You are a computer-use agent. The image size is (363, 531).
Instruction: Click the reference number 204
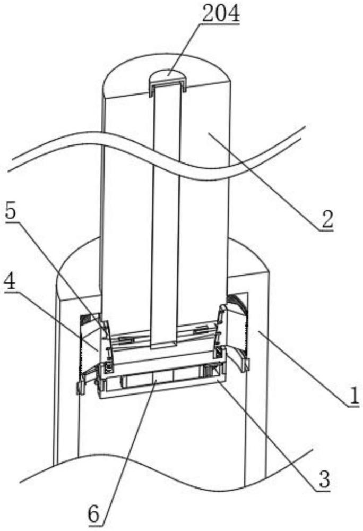pyautogui.click(x=221, y=14)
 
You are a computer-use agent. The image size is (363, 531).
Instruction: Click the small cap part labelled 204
pyautogui.click(x=168, y=83)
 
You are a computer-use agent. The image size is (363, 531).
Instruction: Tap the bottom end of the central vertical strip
pyautogui.click(x=164, y=346)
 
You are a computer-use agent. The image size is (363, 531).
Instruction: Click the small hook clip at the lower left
pyautogui.click(x=80, y=388)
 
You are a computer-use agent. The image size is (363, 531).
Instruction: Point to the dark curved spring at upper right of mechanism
pyautogui.click(x=238, y=303)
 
